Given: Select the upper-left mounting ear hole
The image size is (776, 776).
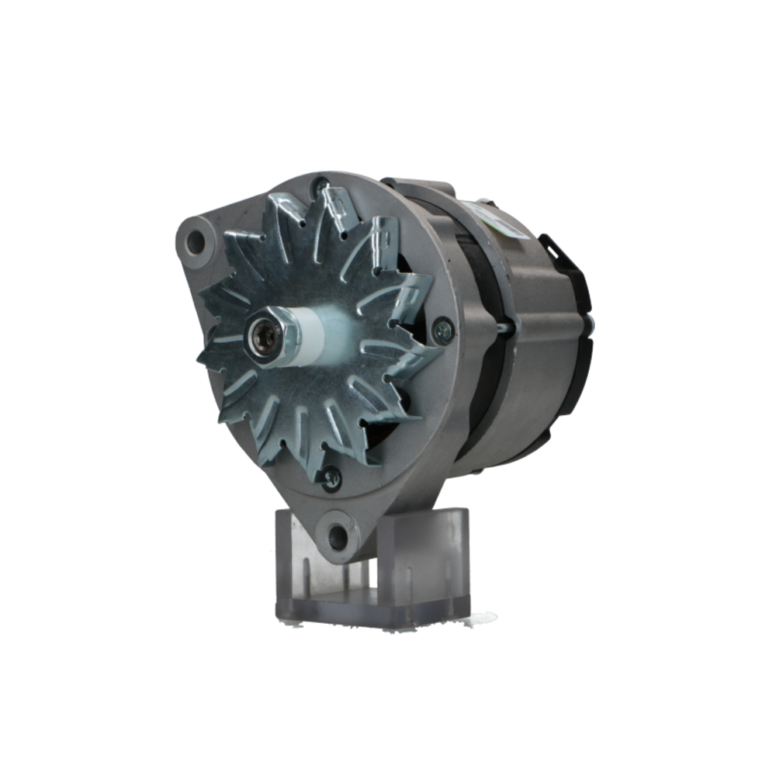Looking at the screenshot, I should coord(195,242).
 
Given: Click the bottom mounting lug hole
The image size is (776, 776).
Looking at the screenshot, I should coord(338,535).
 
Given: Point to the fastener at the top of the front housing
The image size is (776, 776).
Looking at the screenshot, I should coord(321,186).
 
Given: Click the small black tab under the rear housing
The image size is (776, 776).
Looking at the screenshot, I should coord(475,470).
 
